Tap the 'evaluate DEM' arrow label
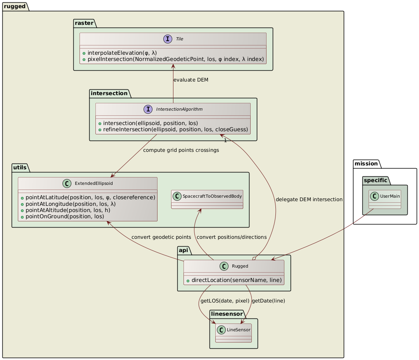[x=190, y=80]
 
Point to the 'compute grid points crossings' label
[x=181, y=150]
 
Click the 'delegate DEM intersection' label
[x=309, y=200]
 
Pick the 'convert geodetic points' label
[x=161, y=237]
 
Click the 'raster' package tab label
[x=85, y=23]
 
